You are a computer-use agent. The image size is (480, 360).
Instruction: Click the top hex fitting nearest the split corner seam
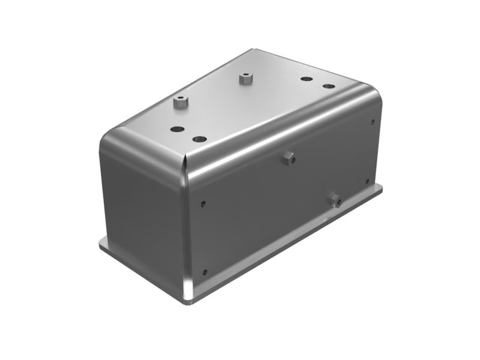[x=181, y=103]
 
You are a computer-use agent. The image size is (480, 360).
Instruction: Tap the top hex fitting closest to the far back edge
[x=244, y=78]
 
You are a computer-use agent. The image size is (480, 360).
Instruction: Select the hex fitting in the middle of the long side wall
[x=290, y=158]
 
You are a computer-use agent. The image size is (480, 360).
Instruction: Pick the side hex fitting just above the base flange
[x=335, y=199]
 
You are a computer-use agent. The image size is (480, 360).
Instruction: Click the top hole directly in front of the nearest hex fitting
[x=177, y=128]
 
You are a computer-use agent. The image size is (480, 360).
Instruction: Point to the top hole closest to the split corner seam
[x=200, y=139]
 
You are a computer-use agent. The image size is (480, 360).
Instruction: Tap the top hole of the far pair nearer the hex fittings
[x=306, y=79]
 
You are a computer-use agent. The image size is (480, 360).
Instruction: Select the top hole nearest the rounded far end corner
[x=328, y=86]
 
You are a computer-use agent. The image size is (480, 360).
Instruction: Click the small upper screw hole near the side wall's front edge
[x=204, y=203]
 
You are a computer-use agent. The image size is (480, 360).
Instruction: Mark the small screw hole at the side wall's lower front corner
[x=205, y=272]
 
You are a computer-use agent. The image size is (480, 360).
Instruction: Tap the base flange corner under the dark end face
[x=103, y=242]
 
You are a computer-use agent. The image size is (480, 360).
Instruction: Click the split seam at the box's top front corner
[x=185, y=160]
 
